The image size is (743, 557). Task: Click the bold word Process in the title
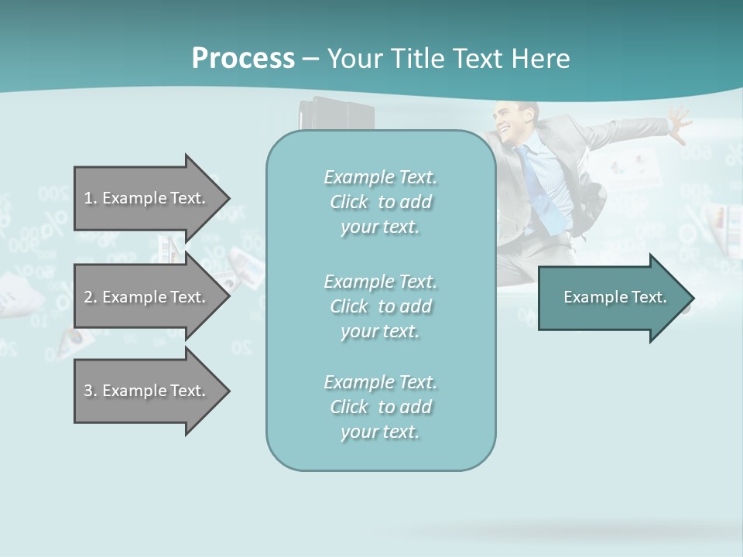pos(243,58)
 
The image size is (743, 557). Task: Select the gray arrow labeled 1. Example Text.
pos(147,198)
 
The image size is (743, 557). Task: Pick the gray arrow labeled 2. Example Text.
pos(147,297)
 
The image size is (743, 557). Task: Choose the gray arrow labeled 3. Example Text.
pos(147,391)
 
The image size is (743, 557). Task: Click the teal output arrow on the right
pos(611,298)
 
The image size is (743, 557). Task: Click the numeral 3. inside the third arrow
pos(90,391)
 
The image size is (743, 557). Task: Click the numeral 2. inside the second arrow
pos(90,297)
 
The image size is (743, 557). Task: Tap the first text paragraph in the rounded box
pos(380,202)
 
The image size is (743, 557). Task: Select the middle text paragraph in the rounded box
pos(380,306)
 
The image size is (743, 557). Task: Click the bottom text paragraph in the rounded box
pos(380,407)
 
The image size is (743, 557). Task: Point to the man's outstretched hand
pos(679,124)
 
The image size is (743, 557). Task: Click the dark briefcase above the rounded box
pos(338,116)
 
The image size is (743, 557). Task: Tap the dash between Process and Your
pos(310,59)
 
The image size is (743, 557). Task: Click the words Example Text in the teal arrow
pos(615,297)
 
